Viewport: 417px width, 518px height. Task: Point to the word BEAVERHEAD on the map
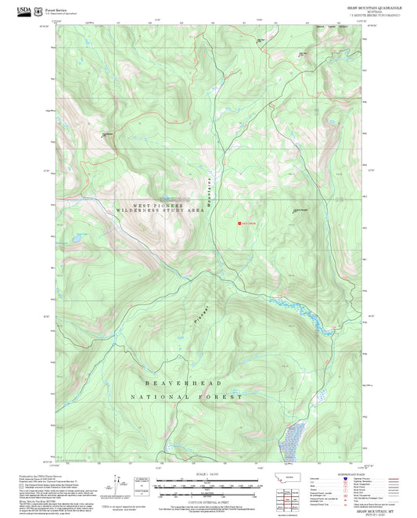pos(182,383)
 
